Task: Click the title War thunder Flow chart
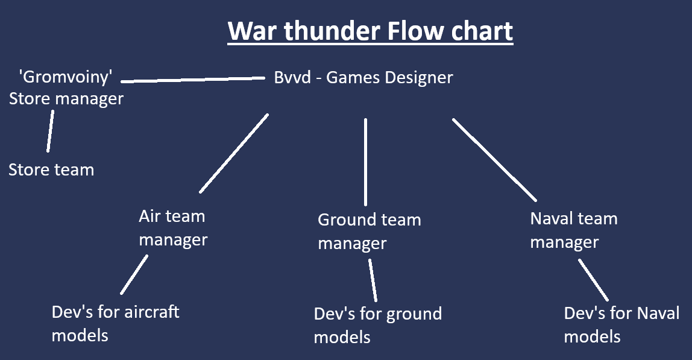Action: click(370, 31)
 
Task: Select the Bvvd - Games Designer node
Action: click(363, 78)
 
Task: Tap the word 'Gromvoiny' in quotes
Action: click(66, 77)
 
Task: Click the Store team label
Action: click(51, 170)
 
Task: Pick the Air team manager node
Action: click(173, 228)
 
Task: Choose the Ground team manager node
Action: click(370, 232)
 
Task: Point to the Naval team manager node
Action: click(574, 230)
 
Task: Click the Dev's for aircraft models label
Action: click(115, 324)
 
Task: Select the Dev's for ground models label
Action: click(378, 326)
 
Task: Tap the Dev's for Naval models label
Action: click(621, 324)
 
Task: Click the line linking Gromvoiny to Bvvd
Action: click(193, 80)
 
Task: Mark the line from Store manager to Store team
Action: click(50, 131)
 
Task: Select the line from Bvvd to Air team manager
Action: click(234, 153)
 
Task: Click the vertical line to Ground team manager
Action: click(365, 162)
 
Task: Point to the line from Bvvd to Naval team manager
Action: click(494, 160)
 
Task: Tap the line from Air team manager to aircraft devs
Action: click(134, 274)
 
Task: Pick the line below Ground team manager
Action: click(373, 280)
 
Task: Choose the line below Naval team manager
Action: click(594, 280)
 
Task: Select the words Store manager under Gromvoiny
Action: click(66, 99)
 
